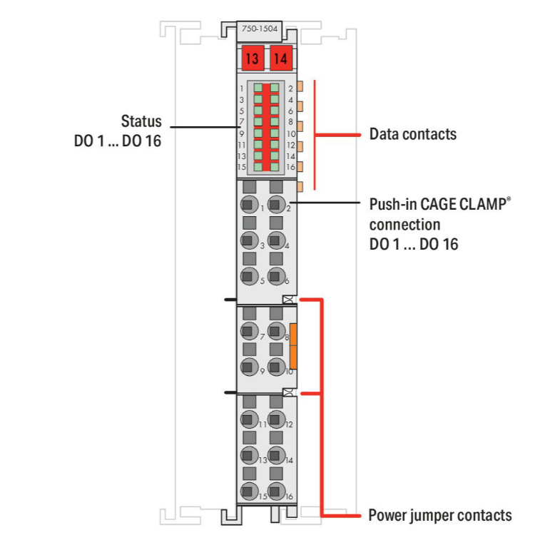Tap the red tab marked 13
[x=252, y=58]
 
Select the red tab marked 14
[x=280, y=58]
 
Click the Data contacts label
[x=412, y=134]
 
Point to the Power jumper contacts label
[x=439, y=515]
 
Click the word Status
[x=141, y=121]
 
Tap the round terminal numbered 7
[x=248, y=332]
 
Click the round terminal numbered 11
[x=248, y=421]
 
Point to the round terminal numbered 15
[x=248, y=492]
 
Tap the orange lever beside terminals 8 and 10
[x=293, y=345]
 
